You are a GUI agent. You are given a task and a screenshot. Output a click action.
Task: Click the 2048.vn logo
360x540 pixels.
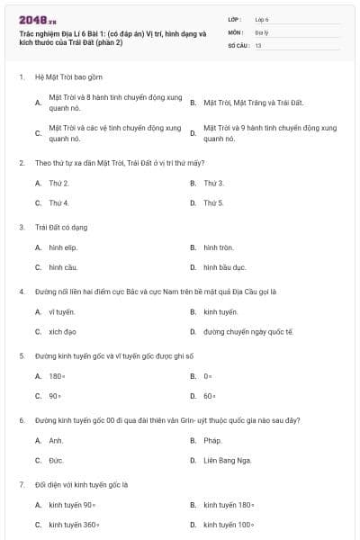(38, 20)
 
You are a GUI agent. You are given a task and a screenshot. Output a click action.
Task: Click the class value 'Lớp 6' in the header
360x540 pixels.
(262, 18)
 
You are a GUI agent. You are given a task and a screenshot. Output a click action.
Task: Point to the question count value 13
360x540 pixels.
(258, 44)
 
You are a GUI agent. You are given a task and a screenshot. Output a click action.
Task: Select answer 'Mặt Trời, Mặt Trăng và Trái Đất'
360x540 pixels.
(254, 103)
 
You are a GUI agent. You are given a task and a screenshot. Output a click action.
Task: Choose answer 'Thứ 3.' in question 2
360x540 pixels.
(213, 183)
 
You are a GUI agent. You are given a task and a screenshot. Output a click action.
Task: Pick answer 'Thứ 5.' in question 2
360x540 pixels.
(213, 202)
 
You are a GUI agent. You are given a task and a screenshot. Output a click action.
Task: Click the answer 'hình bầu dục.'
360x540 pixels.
(225, 267)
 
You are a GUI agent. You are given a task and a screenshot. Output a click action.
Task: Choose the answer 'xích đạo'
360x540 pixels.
(62, 331)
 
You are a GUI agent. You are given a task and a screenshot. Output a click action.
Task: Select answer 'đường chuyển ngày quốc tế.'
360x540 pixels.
(248, 331)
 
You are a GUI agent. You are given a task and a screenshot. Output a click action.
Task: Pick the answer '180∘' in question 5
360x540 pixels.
(57, 375)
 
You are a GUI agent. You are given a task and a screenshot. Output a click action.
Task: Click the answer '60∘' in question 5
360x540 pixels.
(209, 395)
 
